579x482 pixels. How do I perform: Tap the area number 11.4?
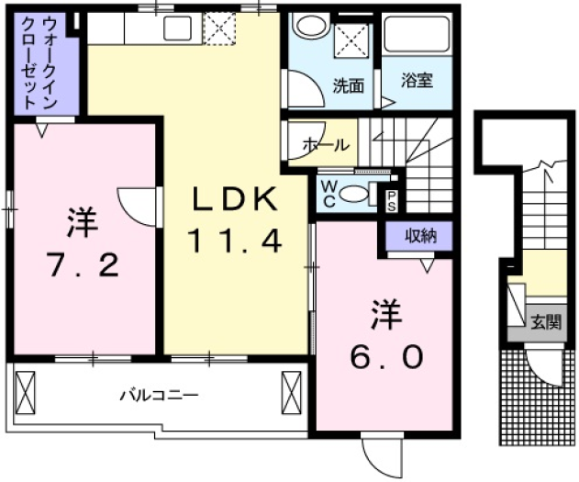click(x=233, y=241)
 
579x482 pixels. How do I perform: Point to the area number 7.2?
click(x=82, y=266)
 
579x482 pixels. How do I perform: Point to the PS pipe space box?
click(x=392, y=199)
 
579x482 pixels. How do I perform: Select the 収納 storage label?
click(x=422, y=236)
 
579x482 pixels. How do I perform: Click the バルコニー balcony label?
click(x=158, y=396)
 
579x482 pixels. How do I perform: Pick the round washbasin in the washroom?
click(x=309, y=27)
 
